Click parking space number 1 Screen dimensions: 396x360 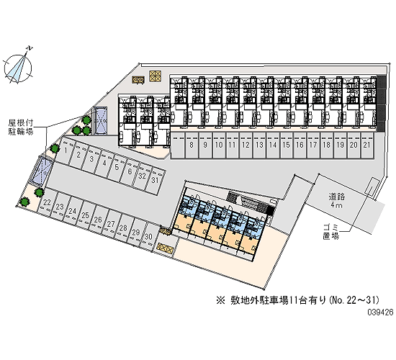point(64,152)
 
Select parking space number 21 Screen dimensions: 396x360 point(367,145)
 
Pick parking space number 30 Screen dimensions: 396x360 point(149,236)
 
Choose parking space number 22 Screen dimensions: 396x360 point(47,202)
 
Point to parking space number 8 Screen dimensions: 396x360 point(192,145)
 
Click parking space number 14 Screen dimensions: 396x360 point(272,145)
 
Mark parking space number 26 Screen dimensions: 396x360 point(97,220)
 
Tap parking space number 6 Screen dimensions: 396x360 point(129,172)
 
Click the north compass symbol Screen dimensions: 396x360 point(18,66)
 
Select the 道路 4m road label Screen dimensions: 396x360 point(337,200)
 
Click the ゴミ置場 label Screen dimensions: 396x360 point(331,232)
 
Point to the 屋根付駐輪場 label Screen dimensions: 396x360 point(21,127)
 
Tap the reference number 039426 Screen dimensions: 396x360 point(380,312)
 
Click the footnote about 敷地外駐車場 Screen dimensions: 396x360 point(298,300)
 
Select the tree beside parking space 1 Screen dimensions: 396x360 point(54,148)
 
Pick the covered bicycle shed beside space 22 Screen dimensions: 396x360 point(43,169)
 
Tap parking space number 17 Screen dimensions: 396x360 point(313,145)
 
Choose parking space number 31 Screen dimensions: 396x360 point(154,181)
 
